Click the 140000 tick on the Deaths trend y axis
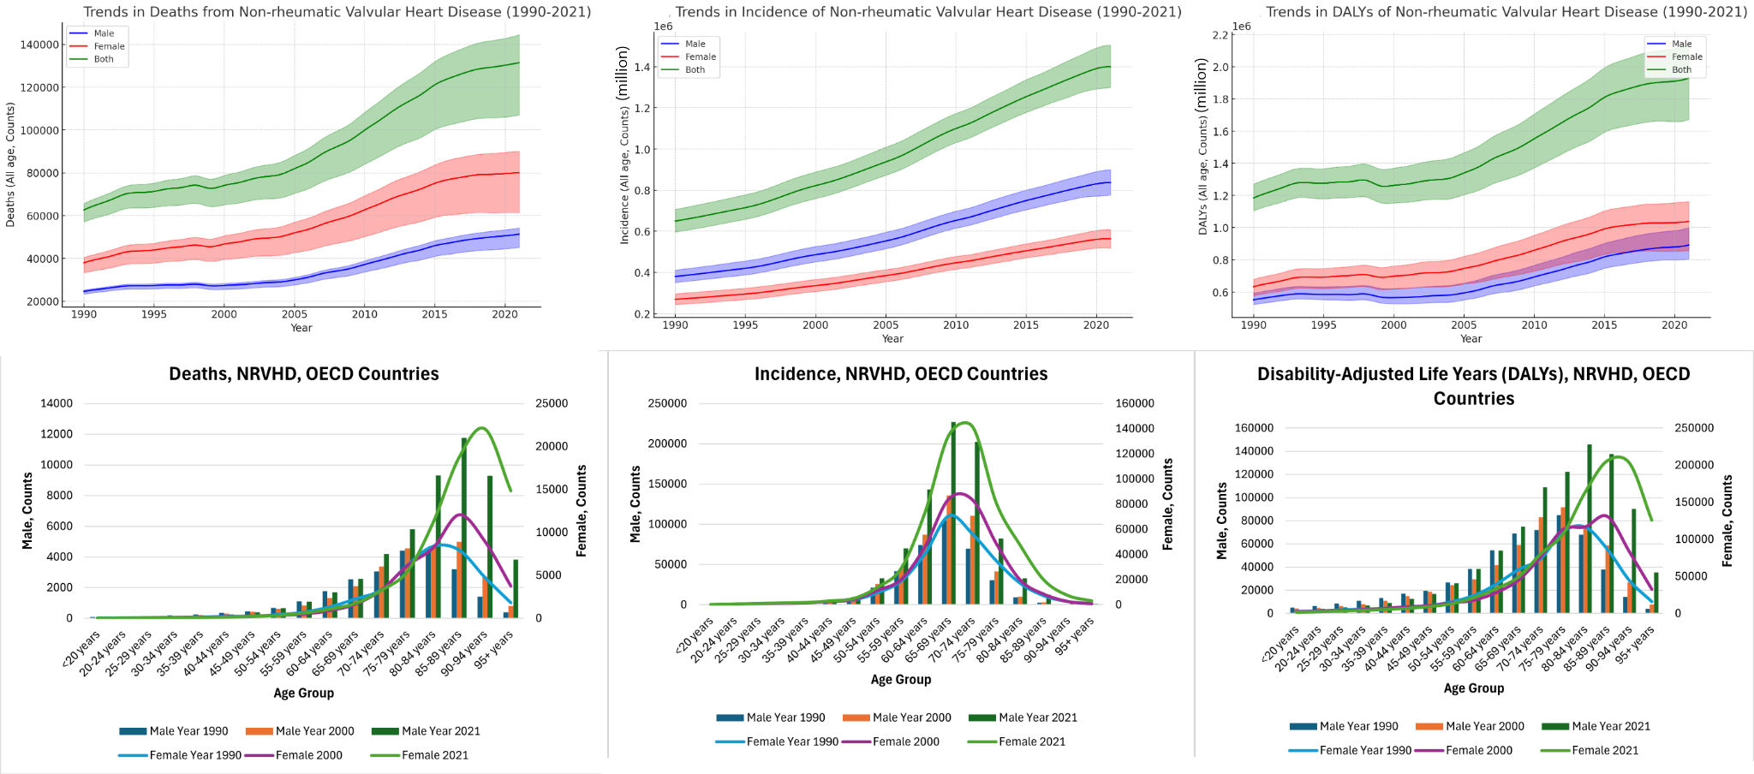(x=39, y=45)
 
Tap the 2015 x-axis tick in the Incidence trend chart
(x=1026, y=325)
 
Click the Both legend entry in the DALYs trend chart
(x=1681, y=70)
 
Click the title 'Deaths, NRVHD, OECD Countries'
(x=303, y=374)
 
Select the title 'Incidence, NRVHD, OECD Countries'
(x=901, y=374)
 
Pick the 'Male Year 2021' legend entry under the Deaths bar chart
(x=440, y=731)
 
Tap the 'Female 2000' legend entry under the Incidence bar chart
(x=905, y=741)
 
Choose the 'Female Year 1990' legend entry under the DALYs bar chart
(x=1364, y=750)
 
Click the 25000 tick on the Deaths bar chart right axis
(x=552, y=403)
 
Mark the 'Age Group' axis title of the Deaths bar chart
(x=303, y=693)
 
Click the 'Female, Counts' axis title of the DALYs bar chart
(x=1727, y=521)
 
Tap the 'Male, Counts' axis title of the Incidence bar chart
(x=635, y=504)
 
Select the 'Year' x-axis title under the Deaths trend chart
(x=301, y=328)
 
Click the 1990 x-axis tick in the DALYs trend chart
(x=1254, y=325)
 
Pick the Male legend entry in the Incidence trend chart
(x=695, y=44)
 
